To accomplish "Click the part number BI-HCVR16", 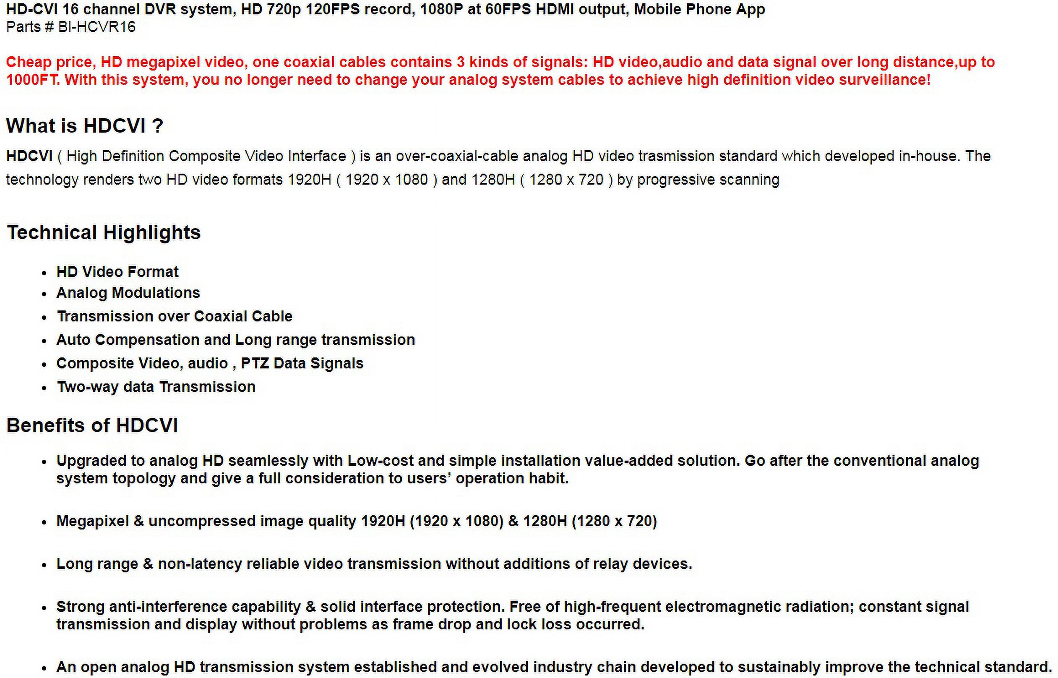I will (97, 27).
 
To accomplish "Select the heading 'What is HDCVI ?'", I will (84, 126).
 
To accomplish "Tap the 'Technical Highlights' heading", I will (104, 232).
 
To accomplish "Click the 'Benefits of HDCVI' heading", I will (92, 425).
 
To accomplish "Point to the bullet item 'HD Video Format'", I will (117, 271).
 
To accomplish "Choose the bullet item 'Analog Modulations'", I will (128, 293).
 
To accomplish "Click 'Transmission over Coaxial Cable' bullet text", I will (175, 316).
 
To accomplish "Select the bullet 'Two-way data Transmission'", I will (156, 386).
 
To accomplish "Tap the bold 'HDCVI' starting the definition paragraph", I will (29, 156).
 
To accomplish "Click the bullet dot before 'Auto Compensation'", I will (44, 341).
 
